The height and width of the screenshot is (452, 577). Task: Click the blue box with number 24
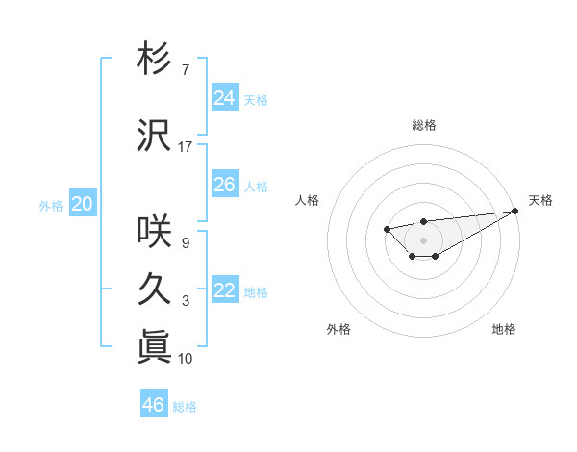pos(225,97)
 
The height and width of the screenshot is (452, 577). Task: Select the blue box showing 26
pos(225,185)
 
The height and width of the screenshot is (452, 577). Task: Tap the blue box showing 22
pos(225,290)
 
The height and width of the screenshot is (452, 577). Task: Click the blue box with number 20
pos(83,203)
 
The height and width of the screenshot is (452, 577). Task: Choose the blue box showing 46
pos(154,404)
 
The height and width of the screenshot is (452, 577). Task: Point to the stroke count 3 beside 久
pos(186,301)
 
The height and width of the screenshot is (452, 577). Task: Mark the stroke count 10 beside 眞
pos(186,358)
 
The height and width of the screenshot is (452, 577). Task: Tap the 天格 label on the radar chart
pos(540,200)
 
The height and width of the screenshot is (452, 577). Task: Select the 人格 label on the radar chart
pos(307,200)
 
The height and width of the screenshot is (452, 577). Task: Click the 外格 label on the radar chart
pos(339,329)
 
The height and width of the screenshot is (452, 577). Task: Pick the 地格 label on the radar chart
pos(504,329)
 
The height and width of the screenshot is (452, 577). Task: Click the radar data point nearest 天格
pos(516,212)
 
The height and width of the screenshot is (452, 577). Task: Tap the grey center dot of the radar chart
pos(423,239)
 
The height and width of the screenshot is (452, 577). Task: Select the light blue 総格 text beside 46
pos(185,407)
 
